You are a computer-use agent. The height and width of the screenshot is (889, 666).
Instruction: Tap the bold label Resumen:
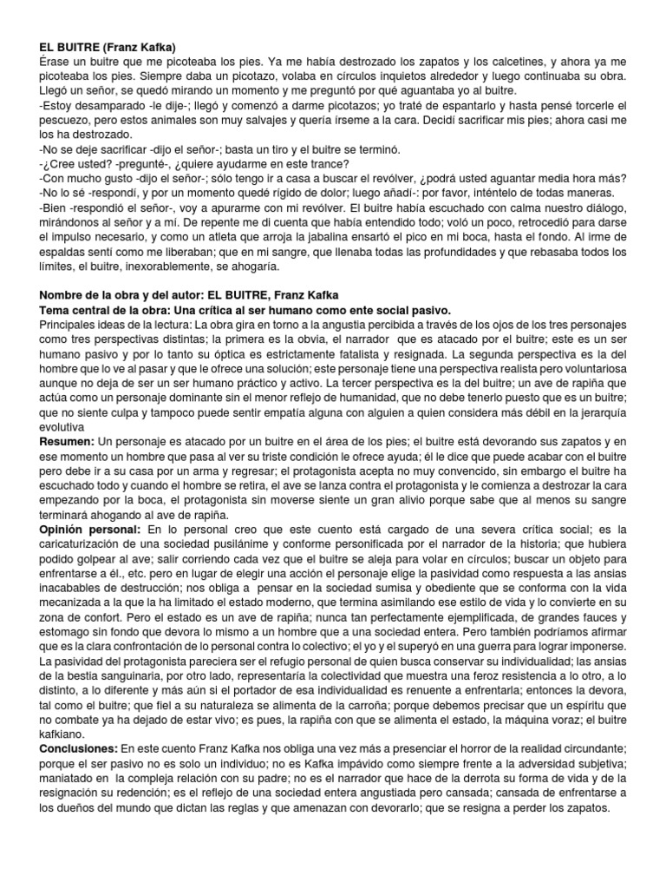point(67,442)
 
